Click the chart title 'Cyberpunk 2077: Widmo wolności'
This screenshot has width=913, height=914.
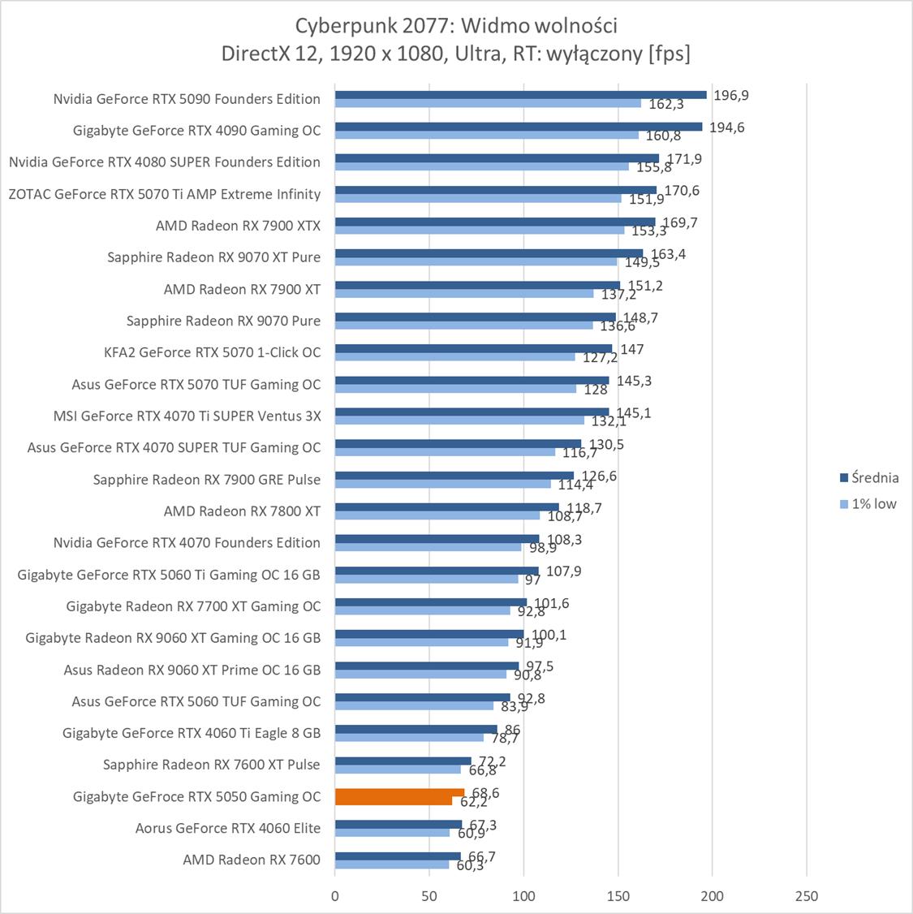click(x=456, y=26)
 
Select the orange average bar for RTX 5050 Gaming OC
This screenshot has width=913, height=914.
click(x=399, y=792)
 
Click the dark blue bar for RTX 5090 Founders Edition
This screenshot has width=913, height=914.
click(x=520, y=95)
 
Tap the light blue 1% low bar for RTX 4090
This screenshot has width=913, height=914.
click(x=487, y=135)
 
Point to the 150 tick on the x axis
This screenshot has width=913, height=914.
click(x=618, y=896)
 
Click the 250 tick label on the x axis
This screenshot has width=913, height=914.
click(x=807, y=896)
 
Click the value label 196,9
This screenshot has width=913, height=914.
click(x=731, y=95)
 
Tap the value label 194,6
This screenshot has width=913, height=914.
click(x=727, y=127)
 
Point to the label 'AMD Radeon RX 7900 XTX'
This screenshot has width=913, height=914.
click(x=238, y=226)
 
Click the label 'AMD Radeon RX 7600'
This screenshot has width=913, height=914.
click(x=252, y=860)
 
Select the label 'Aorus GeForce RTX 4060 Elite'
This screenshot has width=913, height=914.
click(x=228, y=828)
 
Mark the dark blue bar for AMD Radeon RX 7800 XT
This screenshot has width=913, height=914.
click(x=447, y=507)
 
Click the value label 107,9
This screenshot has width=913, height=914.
click(x=563, y=571)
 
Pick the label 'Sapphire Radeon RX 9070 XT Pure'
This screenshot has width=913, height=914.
click(x=213, y=257)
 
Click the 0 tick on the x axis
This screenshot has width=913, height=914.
click(x=335, y=896)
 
